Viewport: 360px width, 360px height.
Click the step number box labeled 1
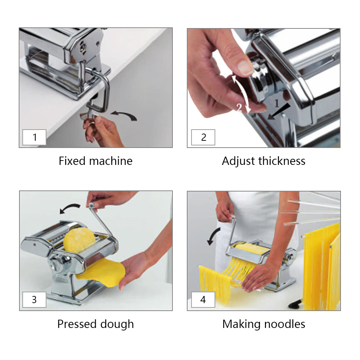pos(35,137)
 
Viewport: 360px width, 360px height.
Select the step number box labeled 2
pos(203,137)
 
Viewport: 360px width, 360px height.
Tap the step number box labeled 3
pos(35,300)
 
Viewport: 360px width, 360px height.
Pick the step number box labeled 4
pos(203,300)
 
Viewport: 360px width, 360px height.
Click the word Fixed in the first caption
pos(72,161)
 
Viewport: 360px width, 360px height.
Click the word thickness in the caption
pos(282,161)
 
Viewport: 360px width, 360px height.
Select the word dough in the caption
pos(117,324)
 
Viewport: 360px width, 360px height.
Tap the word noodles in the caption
pos(285,324)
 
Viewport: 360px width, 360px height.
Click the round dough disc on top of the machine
pos(80,240)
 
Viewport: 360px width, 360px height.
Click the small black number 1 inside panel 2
pos(276,103)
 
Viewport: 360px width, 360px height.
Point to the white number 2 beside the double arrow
pos(239,108)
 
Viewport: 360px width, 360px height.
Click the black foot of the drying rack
pos(296,304)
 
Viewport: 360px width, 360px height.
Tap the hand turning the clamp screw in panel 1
pos(102,131)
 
